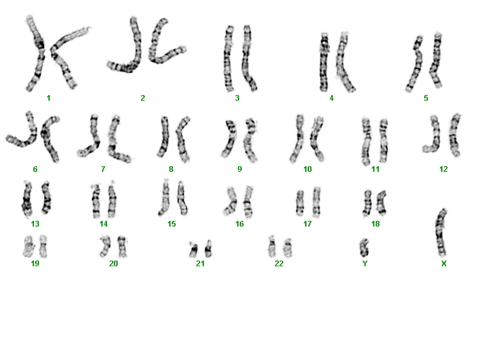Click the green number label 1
(x=48, y=98)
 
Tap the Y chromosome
(x=364, y=248)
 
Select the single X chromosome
(x=441, y=232)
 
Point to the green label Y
(x=365, y=264)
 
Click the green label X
(x=444, y=264)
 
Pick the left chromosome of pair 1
(x=35, y=53)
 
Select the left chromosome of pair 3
(x=229, y=59)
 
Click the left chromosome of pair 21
(x=193, y=249)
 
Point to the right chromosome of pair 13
(x=47, y=197)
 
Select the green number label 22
(x=279, y=264)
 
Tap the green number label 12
(x=444, y=169)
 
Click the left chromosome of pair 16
(x=230, y=201)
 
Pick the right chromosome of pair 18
(x=381, y=203)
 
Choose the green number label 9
(x=240, y=169)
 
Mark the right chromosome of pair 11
(x=384, y=140)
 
